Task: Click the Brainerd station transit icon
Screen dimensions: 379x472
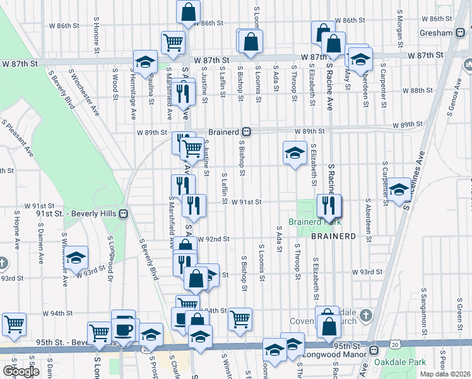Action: [x=248, y=132]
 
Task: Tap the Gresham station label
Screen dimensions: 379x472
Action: [x=437, y=33]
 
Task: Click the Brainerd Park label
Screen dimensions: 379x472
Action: [x=314, y=222]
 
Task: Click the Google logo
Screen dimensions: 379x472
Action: [x=21, y=371]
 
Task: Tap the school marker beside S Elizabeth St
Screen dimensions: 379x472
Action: [x=294, y=153]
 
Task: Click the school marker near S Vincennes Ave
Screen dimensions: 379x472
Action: [x=398, y=189]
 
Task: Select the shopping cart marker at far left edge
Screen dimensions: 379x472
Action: [x=14, y=324]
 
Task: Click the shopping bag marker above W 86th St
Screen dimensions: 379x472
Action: [x=188, y=11]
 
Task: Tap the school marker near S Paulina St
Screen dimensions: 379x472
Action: [x=145, y=61]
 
